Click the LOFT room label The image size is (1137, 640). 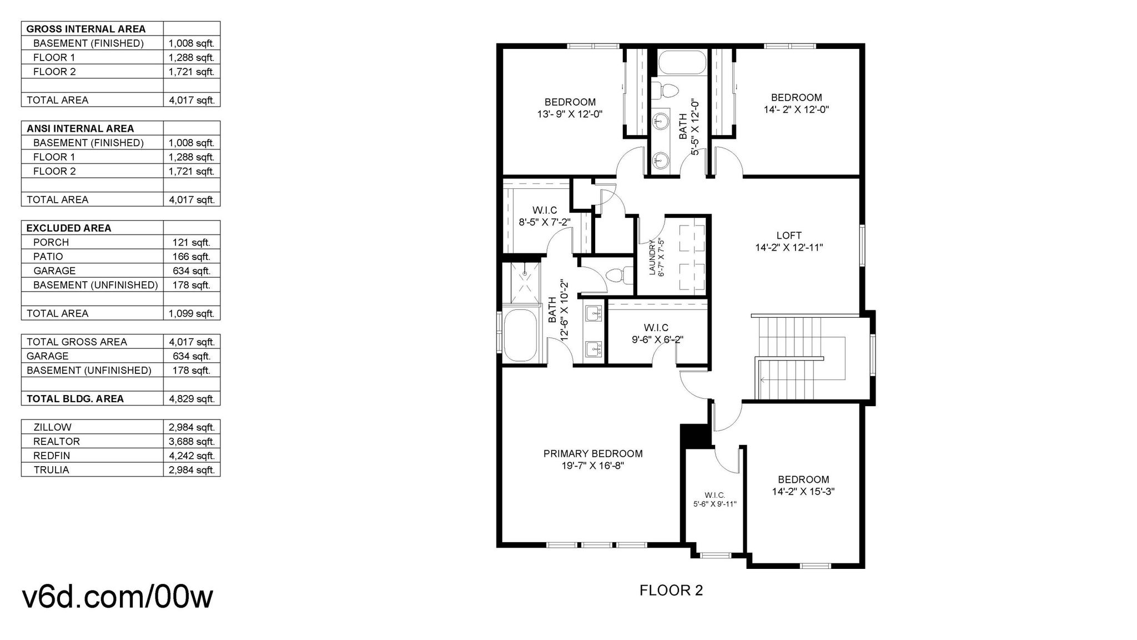pos(789,236)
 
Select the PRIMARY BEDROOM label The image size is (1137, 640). pos(593,454)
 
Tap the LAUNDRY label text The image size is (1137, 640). pos(652,257)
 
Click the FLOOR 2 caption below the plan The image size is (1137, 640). pos(671,590)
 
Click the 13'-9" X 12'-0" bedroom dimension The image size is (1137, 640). pos(570,114)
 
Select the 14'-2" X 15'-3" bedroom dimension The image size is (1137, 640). pos(803,492)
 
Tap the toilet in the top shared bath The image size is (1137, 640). pos(665,89)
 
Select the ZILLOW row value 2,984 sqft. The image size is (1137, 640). pos(192,427)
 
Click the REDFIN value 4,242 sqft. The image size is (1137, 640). pos(192,456)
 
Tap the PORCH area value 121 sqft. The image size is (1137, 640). pos(192,242)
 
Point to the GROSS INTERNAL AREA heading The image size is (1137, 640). pos(86,29)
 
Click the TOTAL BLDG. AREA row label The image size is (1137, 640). pos(75,399)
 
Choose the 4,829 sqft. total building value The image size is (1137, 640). pos(192,399)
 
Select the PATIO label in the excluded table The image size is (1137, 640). pos(48,257)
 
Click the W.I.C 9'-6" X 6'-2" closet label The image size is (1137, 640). pos(657,334)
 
